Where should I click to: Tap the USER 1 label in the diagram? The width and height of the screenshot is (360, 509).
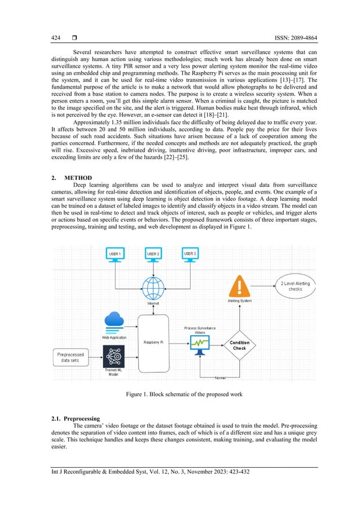click(x=115, y=254)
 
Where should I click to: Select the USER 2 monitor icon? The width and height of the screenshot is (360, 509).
click(x=153, y=254)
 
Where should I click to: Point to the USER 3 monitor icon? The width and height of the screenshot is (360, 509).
click(x=191, y=254)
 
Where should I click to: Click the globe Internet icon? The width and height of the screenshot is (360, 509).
click(x=153, y=289)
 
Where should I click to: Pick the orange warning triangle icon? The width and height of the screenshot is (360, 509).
click(x=239, y=286)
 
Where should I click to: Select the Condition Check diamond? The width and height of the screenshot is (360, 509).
click(x=239, y=345)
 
